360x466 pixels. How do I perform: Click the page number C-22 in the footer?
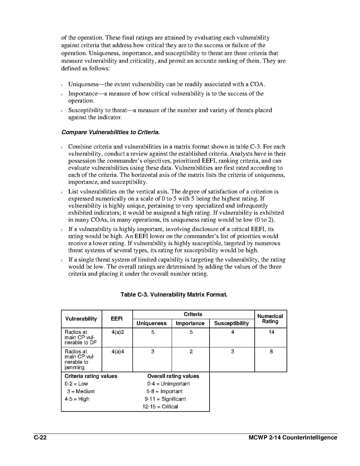[x=40, y=438]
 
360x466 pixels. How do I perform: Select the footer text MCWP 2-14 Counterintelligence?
[x=293, y=438]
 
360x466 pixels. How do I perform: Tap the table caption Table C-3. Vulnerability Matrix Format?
[x=174, y=294]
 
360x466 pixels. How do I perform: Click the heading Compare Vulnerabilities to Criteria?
[x=110, y=132]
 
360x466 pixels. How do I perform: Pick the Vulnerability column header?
[x=81, y=319]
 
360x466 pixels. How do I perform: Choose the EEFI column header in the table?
[x=117, y=319]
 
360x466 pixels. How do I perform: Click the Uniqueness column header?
[x=152, y=323]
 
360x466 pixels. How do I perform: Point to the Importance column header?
[x=190, y=323]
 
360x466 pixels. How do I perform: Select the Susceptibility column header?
[x=232, y=323]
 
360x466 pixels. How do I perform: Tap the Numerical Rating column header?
[x=270, y=319]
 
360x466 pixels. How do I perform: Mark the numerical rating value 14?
[x=271, y=332]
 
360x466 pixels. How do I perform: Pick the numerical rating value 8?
[x=271, y=351]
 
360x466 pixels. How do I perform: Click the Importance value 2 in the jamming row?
[x=191, y=351]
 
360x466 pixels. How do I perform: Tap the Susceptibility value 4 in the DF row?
[x=232, y=332]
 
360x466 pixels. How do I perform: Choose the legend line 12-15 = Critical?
[x=160, y=406]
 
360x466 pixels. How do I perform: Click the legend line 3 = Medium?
[x=81, y=391]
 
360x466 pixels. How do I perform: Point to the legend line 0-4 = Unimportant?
[x=166, y=384]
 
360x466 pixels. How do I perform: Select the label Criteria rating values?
[x=91, y=376]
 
